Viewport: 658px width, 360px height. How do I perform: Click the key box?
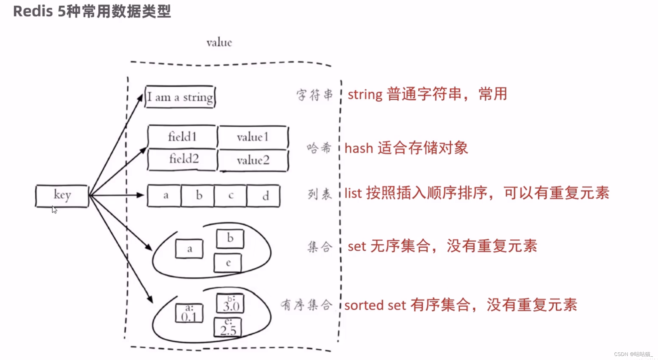pyautogui.click(x=62, y=196)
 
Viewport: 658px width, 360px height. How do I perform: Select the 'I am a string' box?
pyautogui.click(x=180, y=97)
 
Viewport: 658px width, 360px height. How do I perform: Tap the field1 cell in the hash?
pyautogui.click(x=182, y=137)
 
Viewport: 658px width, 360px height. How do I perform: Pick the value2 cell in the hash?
pyautogui.click(x=253, y=160)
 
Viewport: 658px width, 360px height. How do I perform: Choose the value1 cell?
pyautogui.click(x=253, y=137)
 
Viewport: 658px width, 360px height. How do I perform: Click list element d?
pyautogui.click(x=263, y=196)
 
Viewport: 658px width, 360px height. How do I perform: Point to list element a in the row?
pyautogui.click(x=164, y=196)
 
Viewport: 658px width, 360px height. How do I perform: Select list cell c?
pyautogui.click(x=231, y=196)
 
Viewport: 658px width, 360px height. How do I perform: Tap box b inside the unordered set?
pyautogui.click(x=230, y=239)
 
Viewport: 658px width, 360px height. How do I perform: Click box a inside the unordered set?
pyautogui.click(x=189, y=249)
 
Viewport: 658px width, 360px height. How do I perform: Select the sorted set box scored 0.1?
pyautogui.click(x=189, y=314)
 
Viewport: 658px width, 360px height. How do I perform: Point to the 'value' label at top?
pyautogui.click(x=219, y=43)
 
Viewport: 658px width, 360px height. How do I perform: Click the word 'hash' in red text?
pyautogui.click(x=358, y=148)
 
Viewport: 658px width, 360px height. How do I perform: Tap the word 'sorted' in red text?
pyautogui.click(x=364, y=305)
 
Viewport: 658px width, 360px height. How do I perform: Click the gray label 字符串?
pyautogui.click(x=314, y=95)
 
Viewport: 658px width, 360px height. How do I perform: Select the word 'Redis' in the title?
pyautogui.click(x=33, y=11)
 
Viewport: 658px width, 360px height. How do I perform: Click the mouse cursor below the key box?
pyautogui.click(x=54, y=210)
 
